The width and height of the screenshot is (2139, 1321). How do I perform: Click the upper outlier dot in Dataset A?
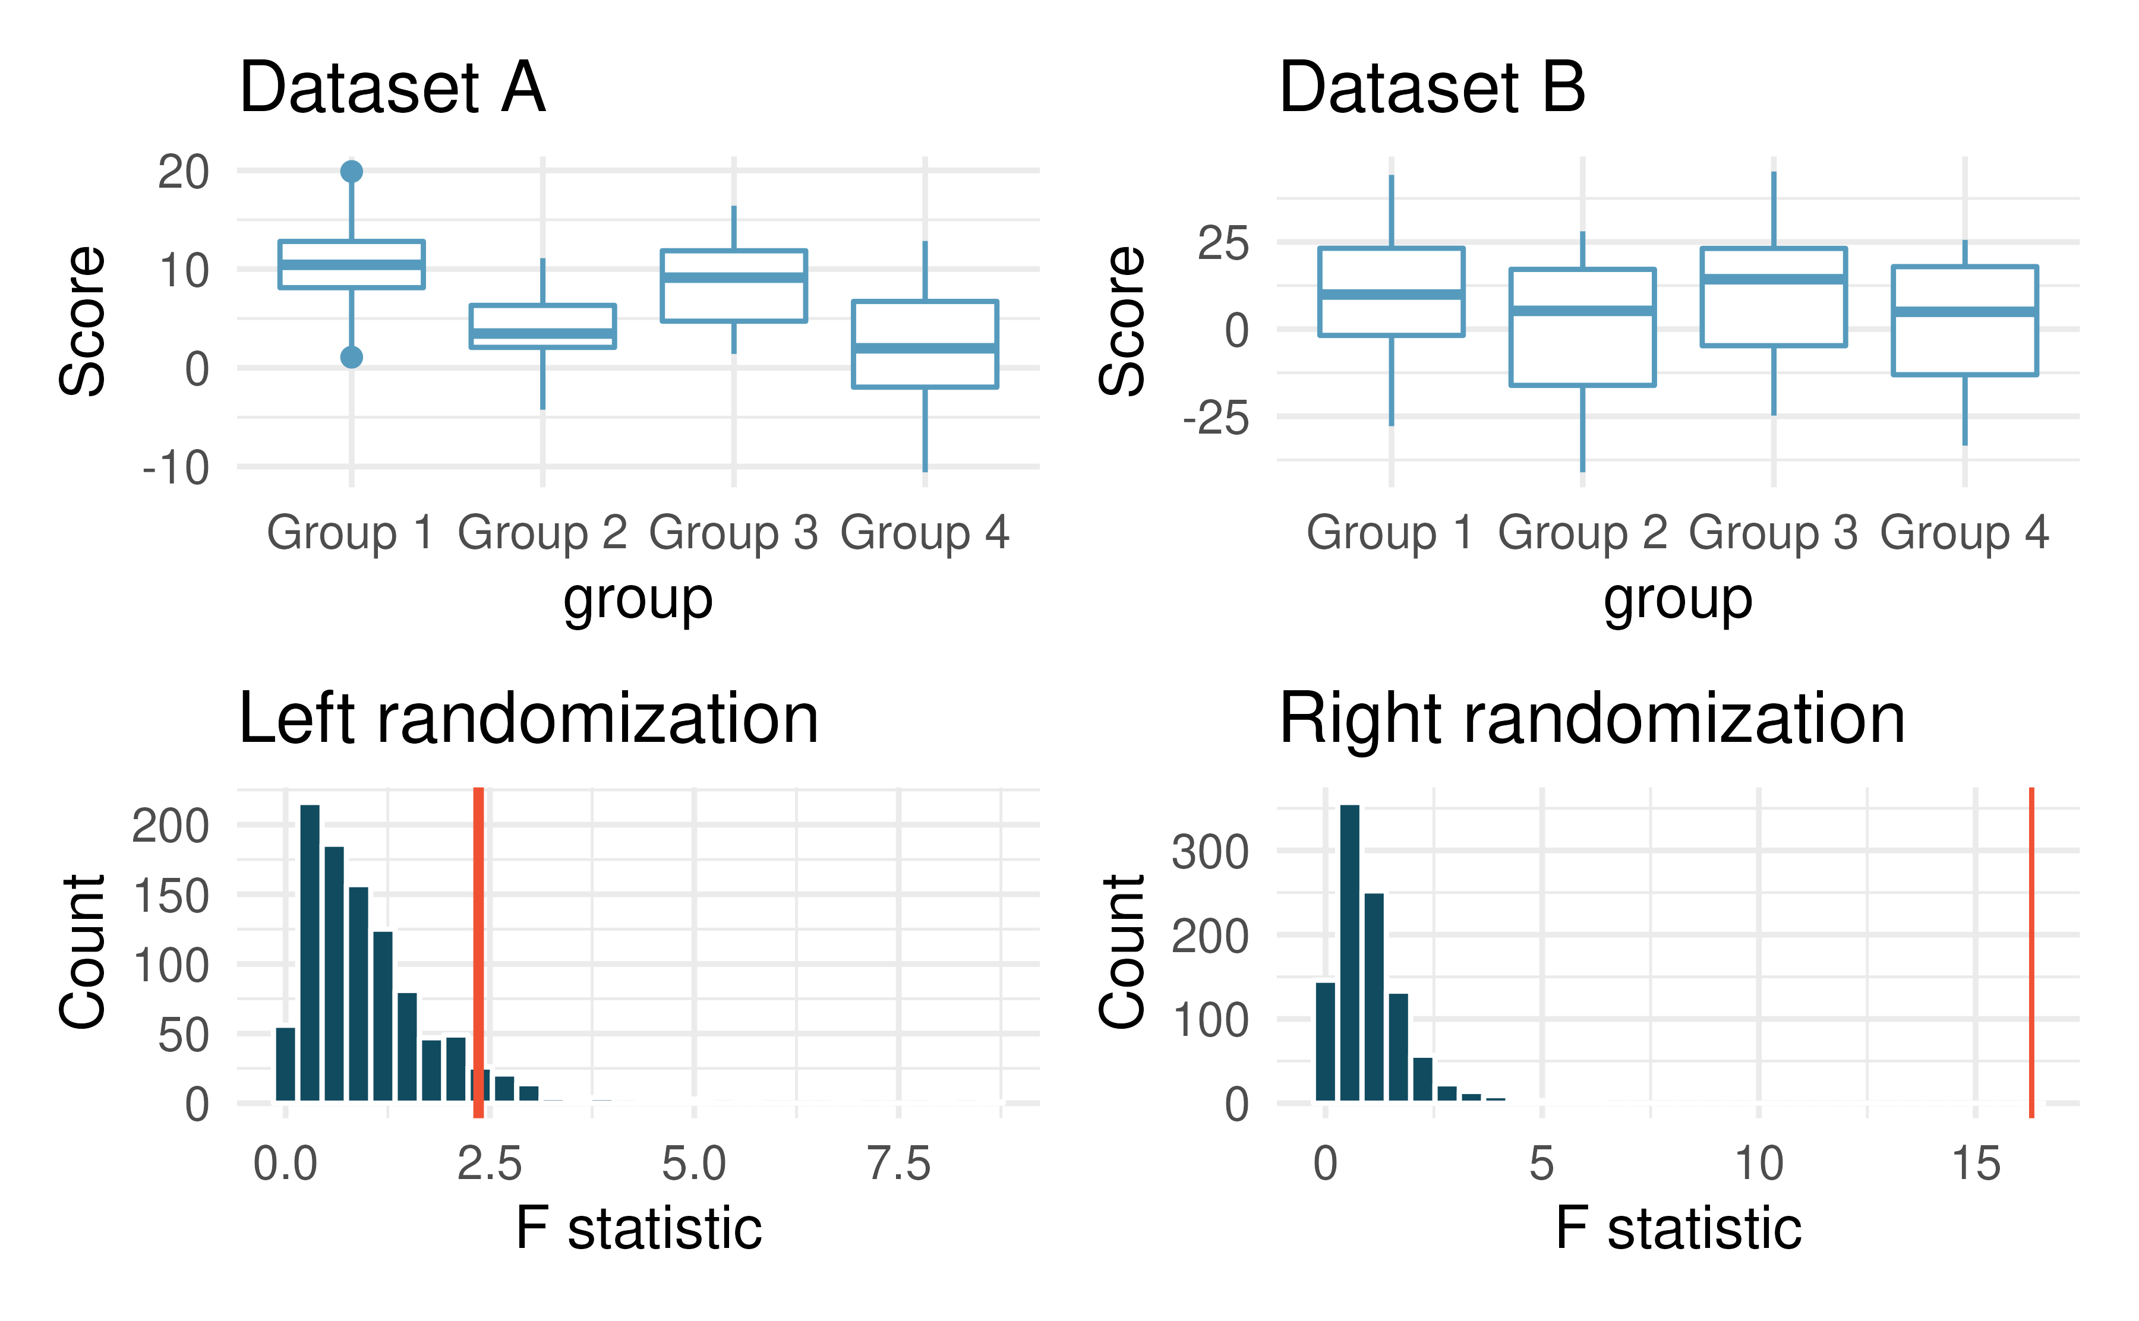click(x=351, y=171)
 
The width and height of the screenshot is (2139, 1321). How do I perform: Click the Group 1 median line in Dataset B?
click(x=1391, y=295)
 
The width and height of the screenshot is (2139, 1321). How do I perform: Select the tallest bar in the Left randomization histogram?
click(x=310, y=952)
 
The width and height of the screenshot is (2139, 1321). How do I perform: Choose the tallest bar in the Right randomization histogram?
click(x=1349, y=952)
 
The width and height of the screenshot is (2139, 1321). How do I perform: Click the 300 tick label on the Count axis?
click(x=1210, y=851)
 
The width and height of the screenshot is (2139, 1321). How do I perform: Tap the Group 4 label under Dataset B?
click(x=1964, y=532)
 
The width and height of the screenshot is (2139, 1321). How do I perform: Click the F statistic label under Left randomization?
click(x=638, y=1228)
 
